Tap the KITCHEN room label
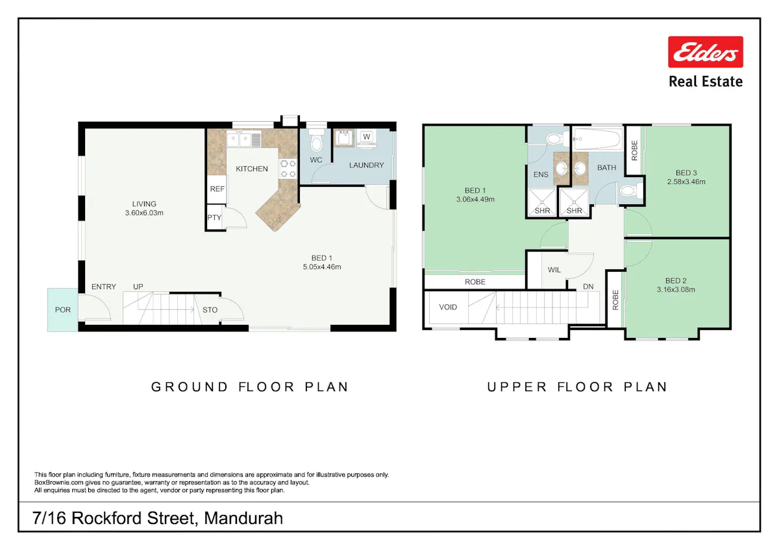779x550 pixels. (252, 169)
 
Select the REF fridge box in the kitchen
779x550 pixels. (217, 189)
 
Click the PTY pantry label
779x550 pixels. (214, 217)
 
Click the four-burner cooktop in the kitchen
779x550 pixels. (288, 169)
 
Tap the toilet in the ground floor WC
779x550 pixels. (316, 139)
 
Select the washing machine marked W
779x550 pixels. (366, 138)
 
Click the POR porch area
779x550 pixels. (62, 309)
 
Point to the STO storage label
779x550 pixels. (210, 310)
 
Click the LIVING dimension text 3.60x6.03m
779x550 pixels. (144, 213)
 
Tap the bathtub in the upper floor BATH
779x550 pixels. (597, 139)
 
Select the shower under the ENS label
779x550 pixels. (542, 203)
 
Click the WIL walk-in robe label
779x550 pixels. (554, 270)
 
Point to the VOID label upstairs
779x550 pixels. (448, 307)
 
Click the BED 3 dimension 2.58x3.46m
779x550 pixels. (686, 182)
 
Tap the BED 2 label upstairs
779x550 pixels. (676, 281)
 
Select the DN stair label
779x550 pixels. (588, 287)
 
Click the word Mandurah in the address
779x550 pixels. (243, 518)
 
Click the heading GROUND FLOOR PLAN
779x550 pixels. (250, 387)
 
